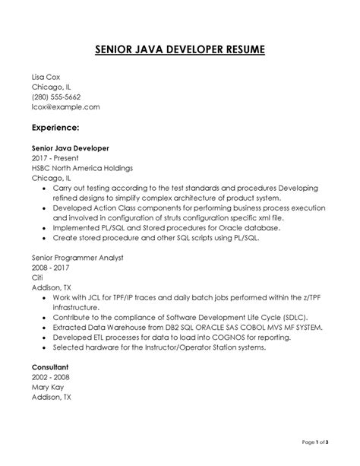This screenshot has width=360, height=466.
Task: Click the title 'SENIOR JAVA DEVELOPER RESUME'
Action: [180, 51]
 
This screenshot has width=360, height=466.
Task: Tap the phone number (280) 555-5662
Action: [55, 97]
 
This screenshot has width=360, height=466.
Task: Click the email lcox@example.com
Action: [65, 107]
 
